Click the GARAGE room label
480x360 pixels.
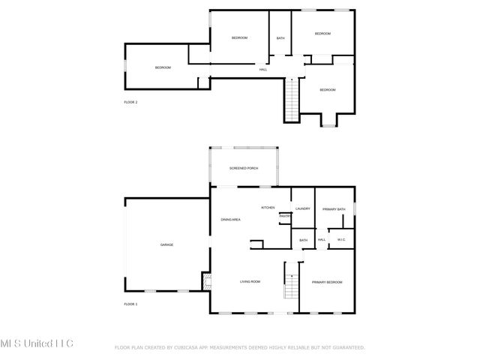(166, 244)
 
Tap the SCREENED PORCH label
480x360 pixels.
(244, 168)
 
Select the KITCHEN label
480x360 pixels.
(268, 207)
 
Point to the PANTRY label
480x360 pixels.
(285, 217)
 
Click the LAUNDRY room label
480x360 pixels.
(303, 209)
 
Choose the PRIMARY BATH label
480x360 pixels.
(334, 209)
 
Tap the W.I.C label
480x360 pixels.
(340, 240)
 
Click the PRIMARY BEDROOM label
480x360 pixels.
(327, 282)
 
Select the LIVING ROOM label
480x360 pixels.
(250, 281)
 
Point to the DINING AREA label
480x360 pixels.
(230, 219)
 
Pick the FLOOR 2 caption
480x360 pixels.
(130, 102)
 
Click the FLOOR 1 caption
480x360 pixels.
(130, 304)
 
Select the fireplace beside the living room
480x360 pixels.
(205, 282)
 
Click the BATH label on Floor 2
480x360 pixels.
(280, 38)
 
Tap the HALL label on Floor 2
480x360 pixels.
(263, 70)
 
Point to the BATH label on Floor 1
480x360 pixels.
(303, 240)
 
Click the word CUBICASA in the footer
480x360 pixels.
(188, 347)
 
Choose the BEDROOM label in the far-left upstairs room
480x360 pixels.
(163, 67)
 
